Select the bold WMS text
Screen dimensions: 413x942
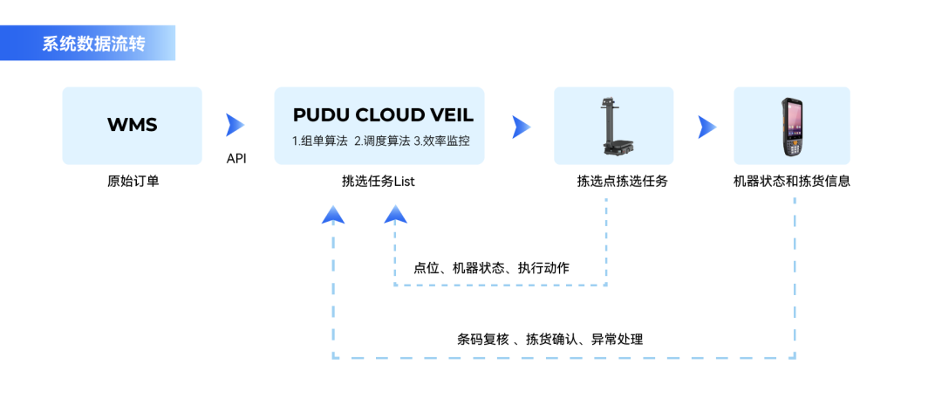tap(132, 125)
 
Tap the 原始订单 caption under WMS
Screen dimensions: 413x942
tap(133, 182)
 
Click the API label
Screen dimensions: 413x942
tap(236, 159)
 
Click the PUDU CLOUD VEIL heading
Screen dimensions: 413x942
tap(383, 115)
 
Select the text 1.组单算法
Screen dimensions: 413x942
tap(319, 140)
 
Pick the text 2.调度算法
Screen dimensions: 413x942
tap(381, 140)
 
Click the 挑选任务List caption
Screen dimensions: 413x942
tap(378, 182)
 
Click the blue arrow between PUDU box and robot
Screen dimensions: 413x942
tap(522, 127)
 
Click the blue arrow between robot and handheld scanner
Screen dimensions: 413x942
tap(707, 127)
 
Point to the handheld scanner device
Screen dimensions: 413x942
tap(792, 127)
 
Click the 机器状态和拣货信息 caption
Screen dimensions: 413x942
tap(792, 182)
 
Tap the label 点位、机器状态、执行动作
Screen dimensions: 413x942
tap(491, 268)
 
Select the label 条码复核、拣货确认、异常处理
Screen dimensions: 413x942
tap(549, 339)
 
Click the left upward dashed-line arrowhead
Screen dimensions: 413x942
tap(333, 214)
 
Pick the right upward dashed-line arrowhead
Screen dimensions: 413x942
tap(396, 214)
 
